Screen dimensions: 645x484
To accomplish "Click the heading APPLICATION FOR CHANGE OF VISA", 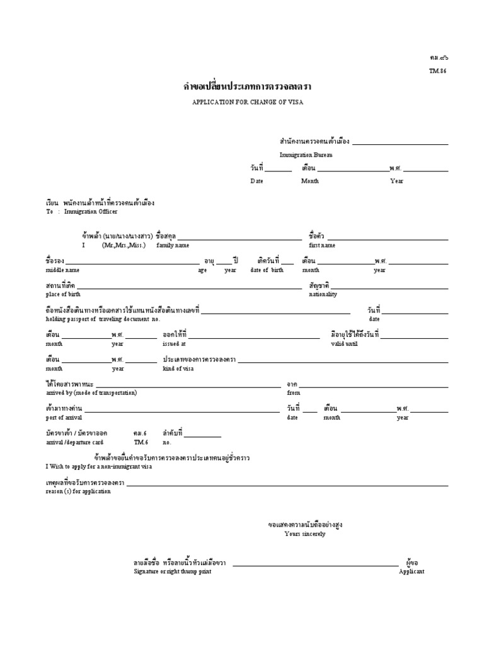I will [x=242, y=102].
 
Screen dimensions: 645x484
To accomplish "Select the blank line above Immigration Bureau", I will [x=400, y=144].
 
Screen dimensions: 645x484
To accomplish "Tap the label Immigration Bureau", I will [x=306, y=155].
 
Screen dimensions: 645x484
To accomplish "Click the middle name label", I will [x=62, y=270].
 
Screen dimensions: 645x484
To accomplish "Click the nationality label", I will [x=323, y=294].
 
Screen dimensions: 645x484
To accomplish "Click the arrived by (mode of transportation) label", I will [x=91, y=392].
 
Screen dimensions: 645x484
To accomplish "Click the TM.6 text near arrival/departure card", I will [x=139, y=442].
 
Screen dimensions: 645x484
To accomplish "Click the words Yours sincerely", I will [x=305, y=534].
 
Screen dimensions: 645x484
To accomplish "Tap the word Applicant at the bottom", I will [x=412, y=571].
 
